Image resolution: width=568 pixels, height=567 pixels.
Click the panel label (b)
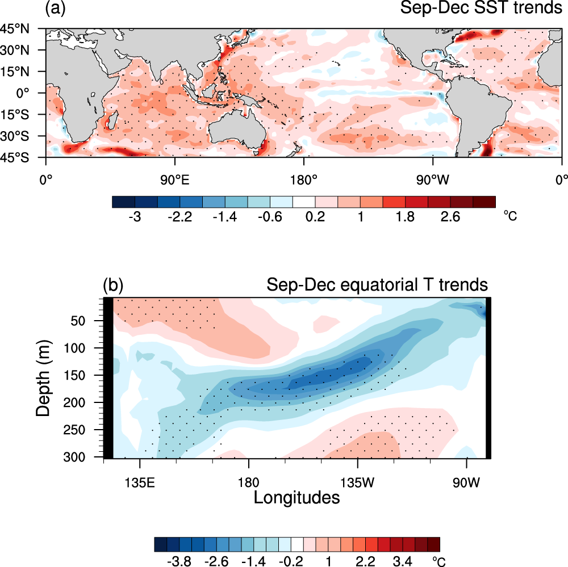click(x=112, y=284)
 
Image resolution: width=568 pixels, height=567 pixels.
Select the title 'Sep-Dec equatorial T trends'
click(x=377, y=284)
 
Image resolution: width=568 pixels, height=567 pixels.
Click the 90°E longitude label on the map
click(x=174, y=180)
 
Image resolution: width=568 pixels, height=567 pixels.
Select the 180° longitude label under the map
click(x=303, y=180)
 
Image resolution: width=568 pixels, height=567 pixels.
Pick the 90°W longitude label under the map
click(x=432, y=180)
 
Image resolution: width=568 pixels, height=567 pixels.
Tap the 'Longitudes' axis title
click(x=296, y=498)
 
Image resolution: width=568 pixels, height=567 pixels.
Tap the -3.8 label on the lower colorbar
click(x=180, y=561)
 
